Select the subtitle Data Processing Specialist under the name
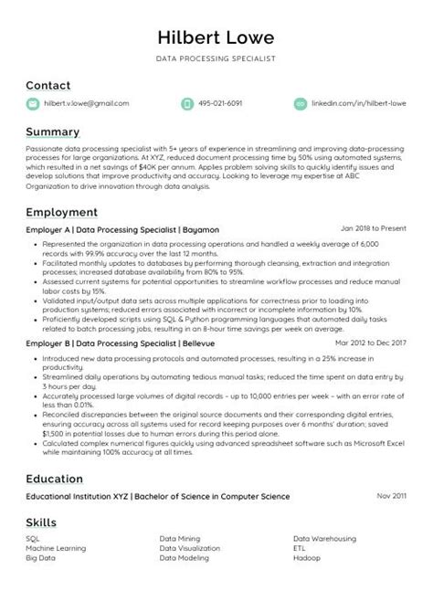216,58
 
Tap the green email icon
32,104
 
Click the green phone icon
187,104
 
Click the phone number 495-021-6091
223,104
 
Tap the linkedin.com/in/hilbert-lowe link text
358,104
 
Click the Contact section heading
48,85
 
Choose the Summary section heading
52,132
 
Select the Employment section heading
61,211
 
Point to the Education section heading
54,478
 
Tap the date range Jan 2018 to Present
373,228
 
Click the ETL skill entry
299,548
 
